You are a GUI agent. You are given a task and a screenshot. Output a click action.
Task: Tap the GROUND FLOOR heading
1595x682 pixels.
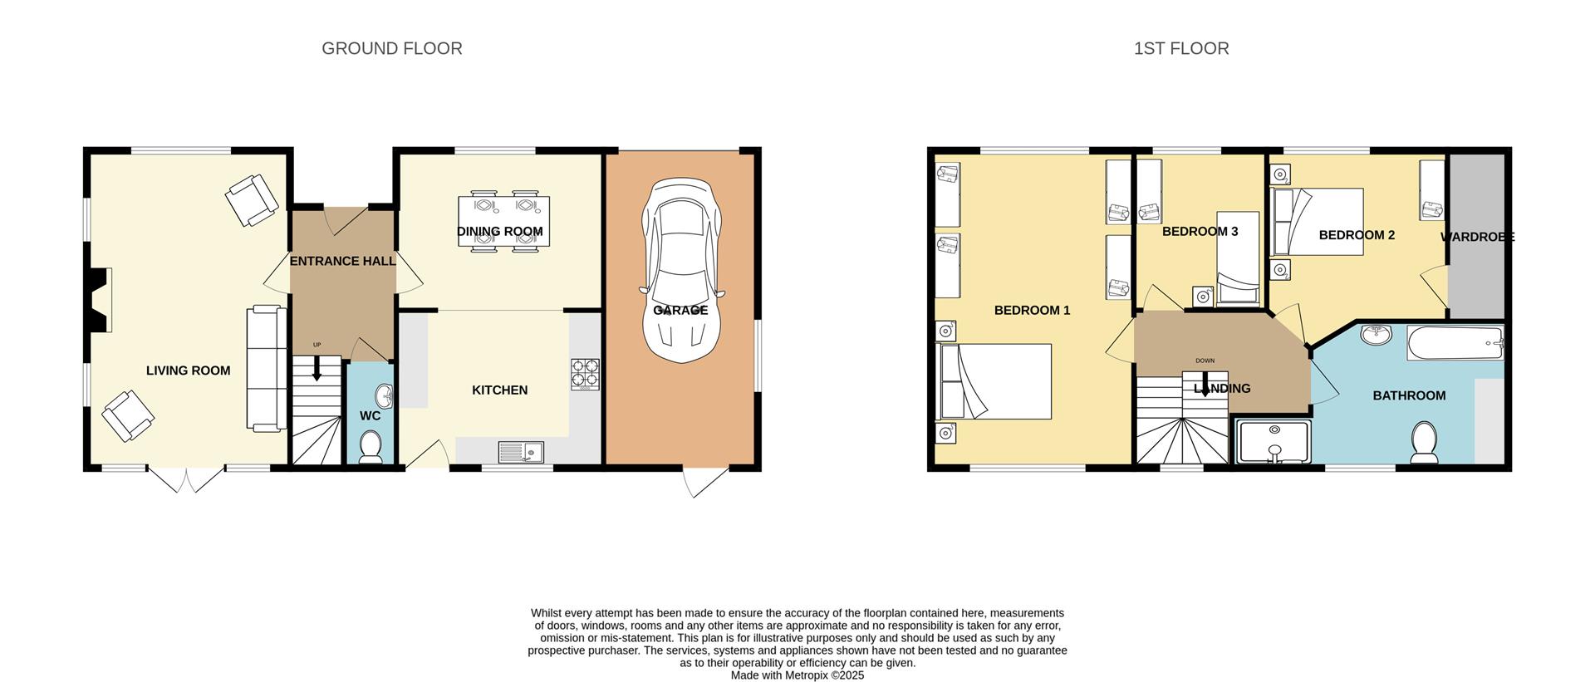(391, 49)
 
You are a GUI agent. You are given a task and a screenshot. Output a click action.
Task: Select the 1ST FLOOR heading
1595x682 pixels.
(1180, 49)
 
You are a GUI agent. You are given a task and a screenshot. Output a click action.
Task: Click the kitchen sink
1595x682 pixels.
(521, 452)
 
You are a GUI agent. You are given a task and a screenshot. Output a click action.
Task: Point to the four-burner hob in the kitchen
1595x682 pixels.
(585, 374)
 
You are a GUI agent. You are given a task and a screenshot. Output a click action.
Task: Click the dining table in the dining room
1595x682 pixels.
(503, 221)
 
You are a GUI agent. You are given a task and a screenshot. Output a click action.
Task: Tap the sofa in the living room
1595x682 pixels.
(266, 368)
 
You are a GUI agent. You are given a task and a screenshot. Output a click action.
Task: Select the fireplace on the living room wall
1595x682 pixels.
(101, 300)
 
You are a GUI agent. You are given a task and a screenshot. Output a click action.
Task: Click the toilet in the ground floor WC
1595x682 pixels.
(371, 447)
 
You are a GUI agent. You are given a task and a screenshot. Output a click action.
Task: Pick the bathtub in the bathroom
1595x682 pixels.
(1455, 342)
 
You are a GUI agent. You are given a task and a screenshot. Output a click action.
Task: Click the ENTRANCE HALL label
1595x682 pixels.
(342, 262)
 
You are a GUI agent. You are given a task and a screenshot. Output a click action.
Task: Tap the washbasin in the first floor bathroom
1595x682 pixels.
(1377, 335)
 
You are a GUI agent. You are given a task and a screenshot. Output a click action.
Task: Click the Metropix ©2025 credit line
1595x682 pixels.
(797, 675)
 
